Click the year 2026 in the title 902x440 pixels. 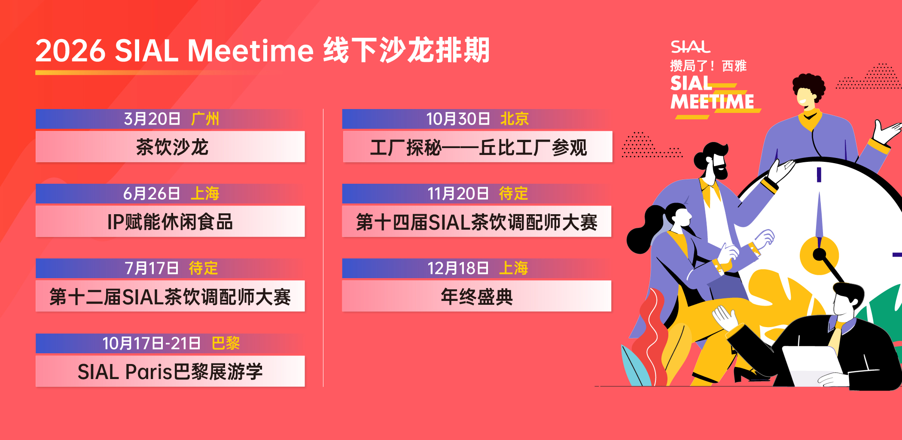[x=70, y=51]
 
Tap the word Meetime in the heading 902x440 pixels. [x=251, y=51]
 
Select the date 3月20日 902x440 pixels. [x=152, y=119]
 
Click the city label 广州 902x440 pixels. [x=205, y=119]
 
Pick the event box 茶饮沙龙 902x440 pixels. [x=170, y=147]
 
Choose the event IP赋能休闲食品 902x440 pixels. [x=170, y=222]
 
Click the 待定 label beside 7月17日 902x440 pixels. [x=204, y=268]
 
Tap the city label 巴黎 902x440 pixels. [x=226, y=343]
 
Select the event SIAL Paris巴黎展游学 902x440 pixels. [x=170, y=371]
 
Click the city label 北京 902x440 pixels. [x=515, y=119]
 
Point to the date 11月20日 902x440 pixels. [x=458, y=194]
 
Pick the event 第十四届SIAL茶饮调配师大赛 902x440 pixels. [x=477, y=222]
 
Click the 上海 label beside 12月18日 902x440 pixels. [x=514, y=268]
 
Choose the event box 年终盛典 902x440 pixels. [x=477, y=296]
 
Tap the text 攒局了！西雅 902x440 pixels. [x=708, y=66]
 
